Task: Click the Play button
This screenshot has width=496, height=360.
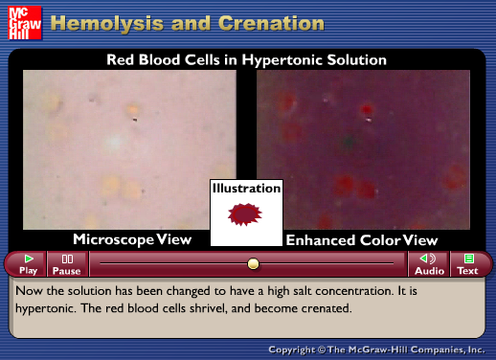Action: tap(29, 264)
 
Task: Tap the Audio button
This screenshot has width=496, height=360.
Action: tap(429, 264)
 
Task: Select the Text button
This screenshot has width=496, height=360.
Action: tap(467, 264)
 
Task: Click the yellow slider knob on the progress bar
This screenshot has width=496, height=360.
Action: tap(253, 263)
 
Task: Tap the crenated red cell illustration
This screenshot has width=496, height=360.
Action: tap(247, 214)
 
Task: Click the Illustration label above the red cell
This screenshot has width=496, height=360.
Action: tap(247, 189)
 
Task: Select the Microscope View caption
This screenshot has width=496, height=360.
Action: tap(132, 238)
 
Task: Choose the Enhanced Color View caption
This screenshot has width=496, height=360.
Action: tap(361, 239)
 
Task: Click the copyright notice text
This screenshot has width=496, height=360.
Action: tap(378, 349)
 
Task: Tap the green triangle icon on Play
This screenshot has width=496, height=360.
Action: tap(29, 259)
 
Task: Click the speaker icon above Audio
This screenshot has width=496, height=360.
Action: tap(429, 259)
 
